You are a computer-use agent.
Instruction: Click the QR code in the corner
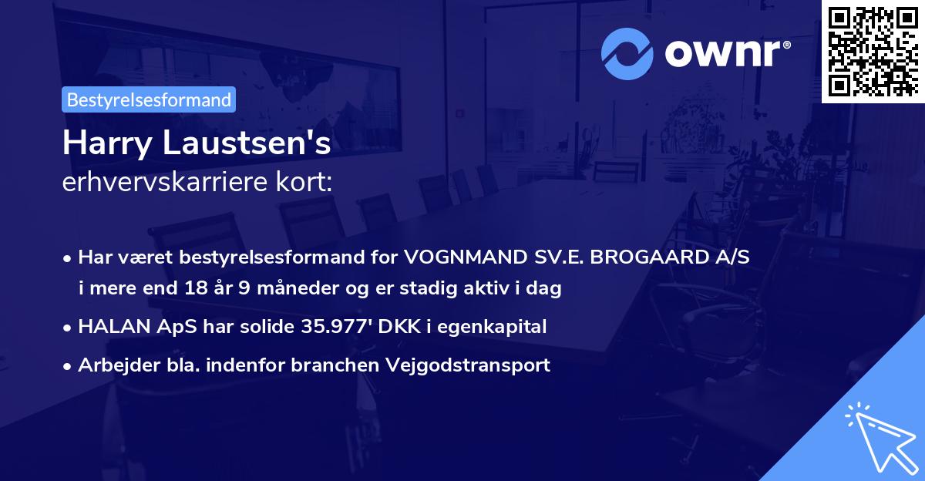[x=873, y=51]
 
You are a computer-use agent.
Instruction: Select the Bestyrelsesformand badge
[x=149, y=99]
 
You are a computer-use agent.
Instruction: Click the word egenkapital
[x=500, y=327]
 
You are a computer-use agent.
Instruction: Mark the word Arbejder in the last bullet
[x=113, y=365]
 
